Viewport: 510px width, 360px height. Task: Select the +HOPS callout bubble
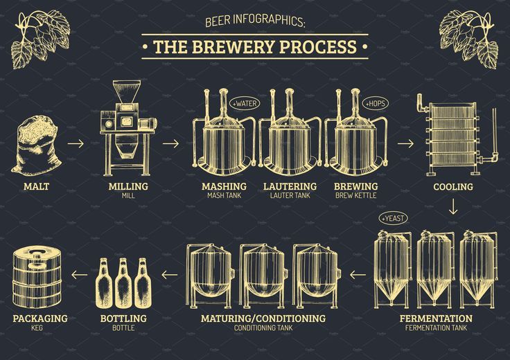375,103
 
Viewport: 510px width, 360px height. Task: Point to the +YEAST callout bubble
393,218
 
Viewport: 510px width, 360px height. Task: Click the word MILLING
128,186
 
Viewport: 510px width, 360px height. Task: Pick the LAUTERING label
290,186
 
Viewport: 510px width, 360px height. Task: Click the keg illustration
39,276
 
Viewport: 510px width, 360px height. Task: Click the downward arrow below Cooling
453,206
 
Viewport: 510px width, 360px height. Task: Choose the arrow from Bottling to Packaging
80,275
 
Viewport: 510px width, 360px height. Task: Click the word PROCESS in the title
319,47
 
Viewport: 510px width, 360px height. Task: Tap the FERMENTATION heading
436,318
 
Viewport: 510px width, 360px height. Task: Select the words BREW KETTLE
355,196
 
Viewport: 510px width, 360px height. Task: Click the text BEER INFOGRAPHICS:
255,21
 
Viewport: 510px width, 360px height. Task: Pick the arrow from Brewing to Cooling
405,144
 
